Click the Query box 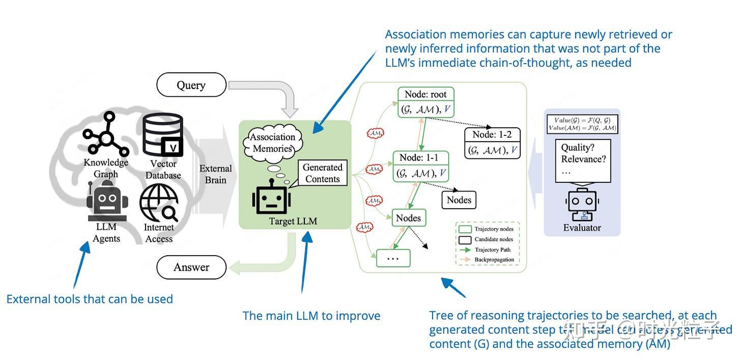point(191,85)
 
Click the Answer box point(191,267)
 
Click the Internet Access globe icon point(159,202)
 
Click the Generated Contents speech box point(322,173)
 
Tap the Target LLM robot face point(271,199)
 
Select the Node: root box point(425,102)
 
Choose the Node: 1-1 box point(421,166)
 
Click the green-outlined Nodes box point(409,218)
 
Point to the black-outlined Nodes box point(459,200)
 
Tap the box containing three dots point(393,258)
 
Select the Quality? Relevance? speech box point(583,160)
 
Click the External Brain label point(215,174)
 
